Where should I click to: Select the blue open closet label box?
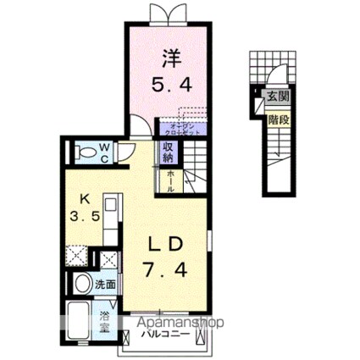[x=180, y=130]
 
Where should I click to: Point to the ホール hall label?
[x=169, y=180]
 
